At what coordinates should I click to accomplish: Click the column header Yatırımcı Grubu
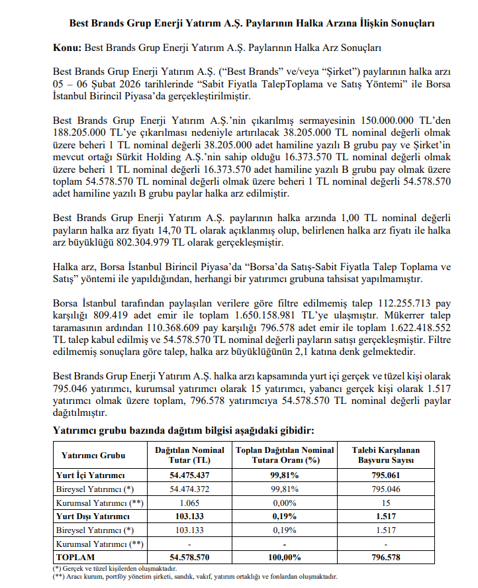click(93, 456)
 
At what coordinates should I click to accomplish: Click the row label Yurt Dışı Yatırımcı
click(92, 516)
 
